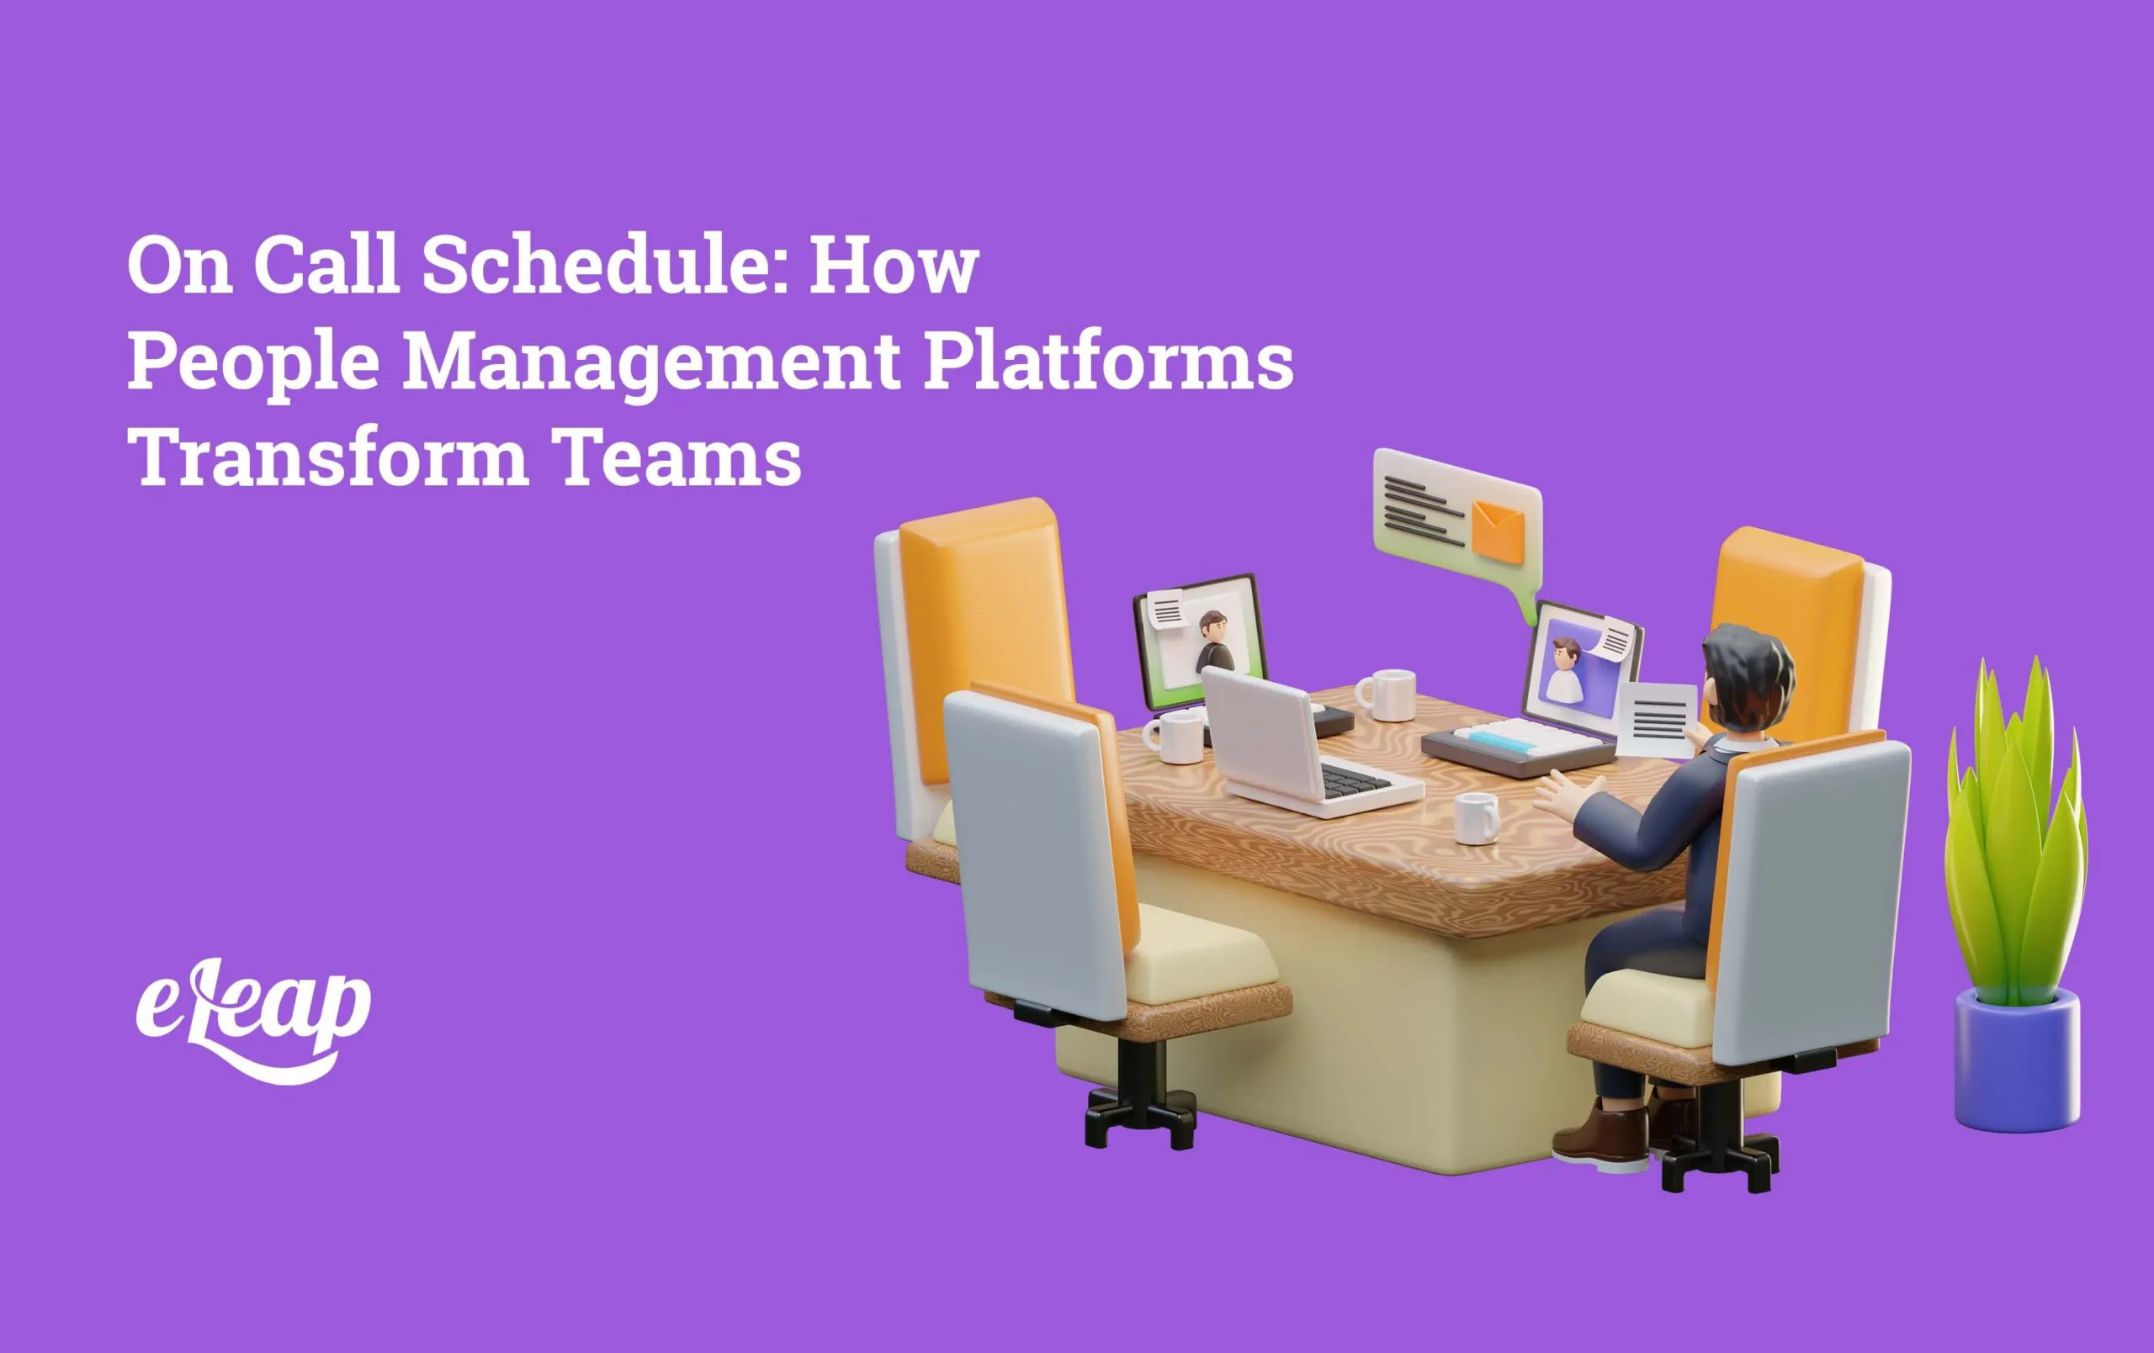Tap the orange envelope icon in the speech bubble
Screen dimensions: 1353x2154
(1498, 531)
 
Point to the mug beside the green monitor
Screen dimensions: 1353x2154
(1174, 737)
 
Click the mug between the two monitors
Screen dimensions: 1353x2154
(1387, 694)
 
